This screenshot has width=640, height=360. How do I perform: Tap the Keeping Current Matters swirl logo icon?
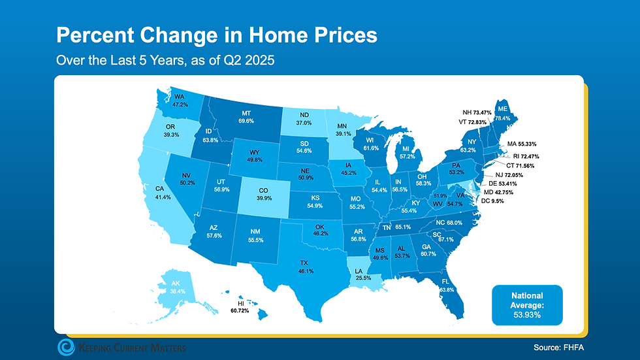coord(67,347)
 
